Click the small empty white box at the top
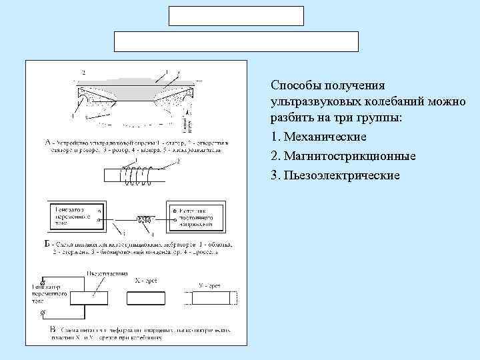(x=235, y=16)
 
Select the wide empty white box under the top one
(x=237, y=41)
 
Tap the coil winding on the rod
(x=137, y=176)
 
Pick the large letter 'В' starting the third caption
(x=53, y=329)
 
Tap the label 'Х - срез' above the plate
(x=146, y=281)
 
